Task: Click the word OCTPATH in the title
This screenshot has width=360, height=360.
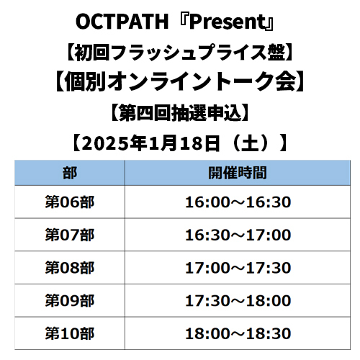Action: coord(122,22)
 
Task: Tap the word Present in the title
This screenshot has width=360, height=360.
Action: coord(228,22)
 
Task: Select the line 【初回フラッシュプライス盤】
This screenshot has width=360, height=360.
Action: coord(179,53)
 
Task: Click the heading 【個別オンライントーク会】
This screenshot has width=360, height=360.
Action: coord(180,81)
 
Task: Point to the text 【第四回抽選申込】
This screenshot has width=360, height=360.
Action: coord(179,113)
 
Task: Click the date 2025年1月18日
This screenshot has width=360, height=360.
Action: coord(150,143)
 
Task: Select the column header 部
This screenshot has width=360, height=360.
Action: coord(70,173)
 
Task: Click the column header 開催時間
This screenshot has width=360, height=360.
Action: coord(238,173)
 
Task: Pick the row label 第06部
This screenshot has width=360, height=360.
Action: coord(70,202)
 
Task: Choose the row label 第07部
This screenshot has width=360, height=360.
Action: coord(70,235)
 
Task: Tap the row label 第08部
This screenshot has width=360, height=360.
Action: coord(70,268)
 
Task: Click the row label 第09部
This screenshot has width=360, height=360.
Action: coord(70,301)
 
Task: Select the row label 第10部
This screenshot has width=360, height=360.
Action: coord(70,333)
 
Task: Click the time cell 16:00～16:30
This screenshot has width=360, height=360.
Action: coord(238,202)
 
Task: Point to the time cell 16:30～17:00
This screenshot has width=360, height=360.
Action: coord(238,235)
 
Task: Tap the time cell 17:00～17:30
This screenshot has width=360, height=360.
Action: coord(238,268)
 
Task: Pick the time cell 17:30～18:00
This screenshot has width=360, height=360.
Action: coord(238,301)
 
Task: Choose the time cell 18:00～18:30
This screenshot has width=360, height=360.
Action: coord(238,333)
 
